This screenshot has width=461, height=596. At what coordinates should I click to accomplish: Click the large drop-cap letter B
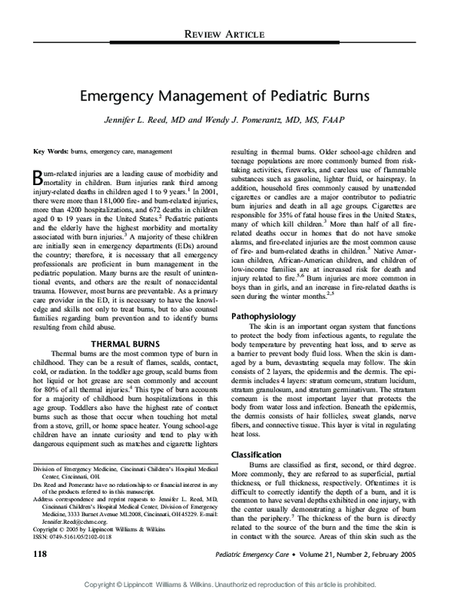[x=39, y=178]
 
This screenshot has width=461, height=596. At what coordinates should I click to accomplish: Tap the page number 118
[x=39, y=553]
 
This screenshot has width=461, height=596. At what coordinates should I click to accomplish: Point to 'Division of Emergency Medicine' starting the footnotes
[x=78, y=467]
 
